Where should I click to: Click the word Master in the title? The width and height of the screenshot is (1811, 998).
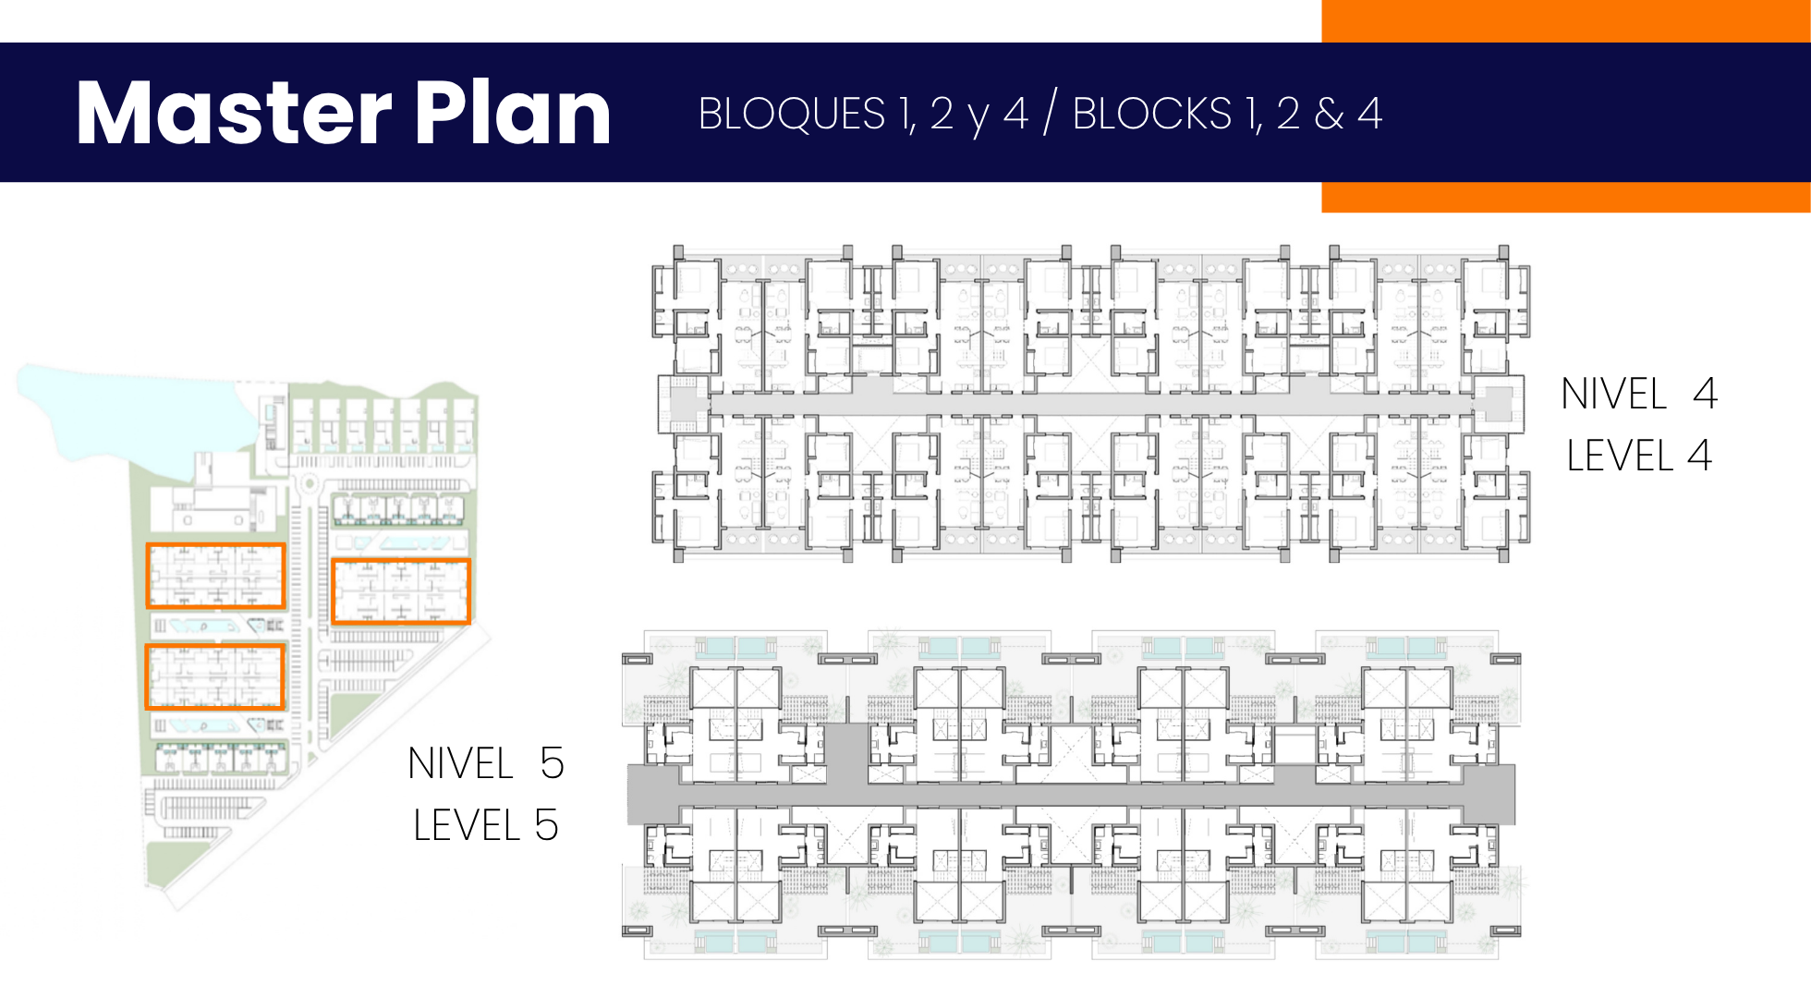coord(234,113)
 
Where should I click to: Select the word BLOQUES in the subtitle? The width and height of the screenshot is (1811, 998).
coord(792,114)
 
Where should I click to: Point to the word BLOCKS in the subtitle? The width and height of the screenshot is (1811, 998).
coord(1151,114)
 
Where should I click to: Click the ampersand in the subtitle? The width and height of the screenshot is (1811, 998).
coord(1329,114)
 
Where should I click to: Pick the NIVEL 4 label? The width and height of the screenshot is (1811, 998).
coord(1638,394)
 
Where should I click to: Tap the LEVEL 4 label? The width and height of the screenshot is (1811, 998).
coord(1638,456)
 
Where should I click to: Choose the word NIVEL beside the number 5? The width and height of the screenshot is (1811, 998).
coord(460,763)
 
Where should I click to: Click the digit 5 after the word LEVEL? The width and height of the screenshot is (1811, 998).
coord(546,825)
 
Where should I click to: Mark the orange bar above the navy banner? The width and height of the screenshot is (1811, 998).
coord(1566,20)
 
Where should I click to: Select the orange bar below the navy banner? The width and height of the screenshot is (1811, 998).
coord(1566,197)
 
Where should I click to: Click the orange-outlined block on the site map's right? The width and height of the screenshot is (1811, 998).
coord(401,591)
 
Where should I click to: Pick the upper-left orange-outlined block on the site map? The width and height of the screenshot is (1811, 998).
coord(215,576)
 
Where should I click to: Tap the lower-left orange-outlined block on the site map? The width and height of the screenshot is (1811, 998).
coord(214,677)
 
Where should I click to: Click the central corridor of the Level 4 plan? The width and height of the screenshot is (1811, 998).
coord(1090,404)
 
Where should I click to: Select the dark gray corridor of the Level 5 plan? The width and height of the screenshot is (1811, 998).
coord(1071,795)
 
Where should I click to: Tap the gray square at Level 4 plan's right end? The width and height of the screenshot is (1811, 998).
coord(1498,403)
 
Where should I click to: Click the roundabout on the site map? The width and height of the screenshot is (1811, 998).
coord(309,482)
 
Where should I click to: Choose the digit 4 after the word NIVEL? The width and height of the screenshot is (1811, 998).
coord(1705,394)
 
